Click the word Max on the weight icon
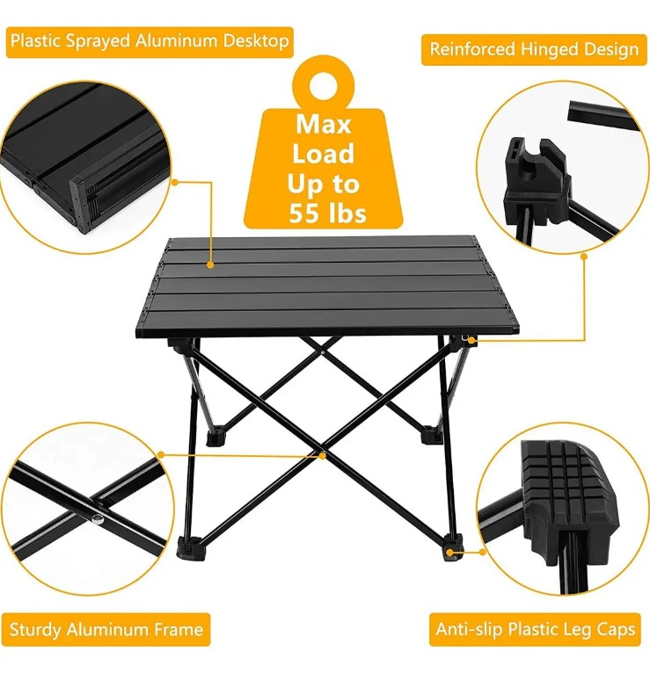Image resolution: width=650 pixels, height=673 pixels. (x=323, y=124)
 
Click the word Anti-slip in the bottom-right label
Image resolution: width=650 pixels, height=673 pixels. (x=469, y=629)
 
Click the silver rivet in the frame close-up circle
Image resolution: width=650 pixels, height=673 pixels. (x=97, y=519)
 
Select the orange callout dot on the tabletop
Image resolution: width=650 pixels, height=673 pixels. (x=210, y=264)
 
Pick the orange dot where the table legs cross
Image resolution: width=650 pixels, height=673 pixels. (x=322, y=456)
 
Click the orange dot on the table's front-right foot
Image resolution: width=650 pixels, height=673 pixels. (x=449, y=553)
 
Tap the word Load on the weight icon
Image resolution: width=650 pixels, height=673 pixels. (x=323, y=154)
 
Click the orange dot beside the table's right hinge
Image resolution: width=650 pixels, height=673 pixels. (x=471, y=341)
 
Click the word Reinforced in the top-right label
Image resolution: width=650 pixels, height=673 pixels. (x=472, y=49)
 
